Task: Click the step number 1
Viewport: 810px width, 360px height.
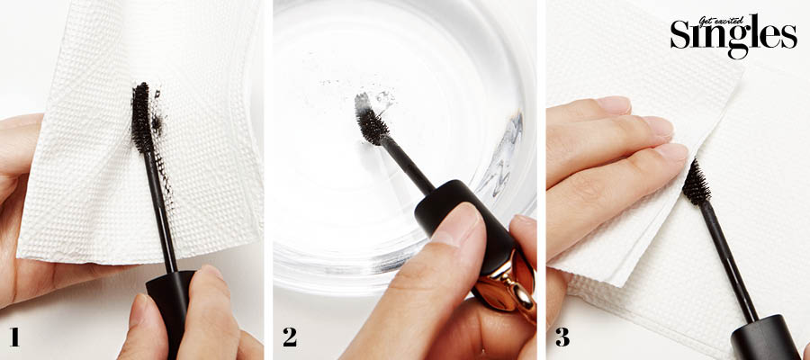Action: [x=14, y=337]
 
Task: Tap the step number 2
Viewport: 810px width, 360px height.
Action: [x=290, y=337]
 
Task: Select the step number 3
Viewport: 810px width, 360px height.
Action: [x=562, y=337]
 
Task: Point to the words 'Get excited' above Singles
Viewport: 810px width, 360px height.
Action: [x=721, y=21]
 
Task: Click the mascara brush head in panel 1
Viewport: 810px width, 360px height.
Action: [x=141, y=117]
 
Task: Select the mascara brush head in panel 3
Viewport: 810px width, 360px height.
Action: [x=697, y=183]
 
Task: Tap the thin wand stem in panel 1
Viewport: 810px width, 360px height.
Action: [x=161, y=211]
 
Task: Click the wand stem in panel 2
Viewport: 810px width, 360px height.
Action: [x=408, y=164]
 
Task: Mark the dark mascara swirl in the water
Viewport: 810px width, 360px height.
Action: [x=496, y=155]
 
